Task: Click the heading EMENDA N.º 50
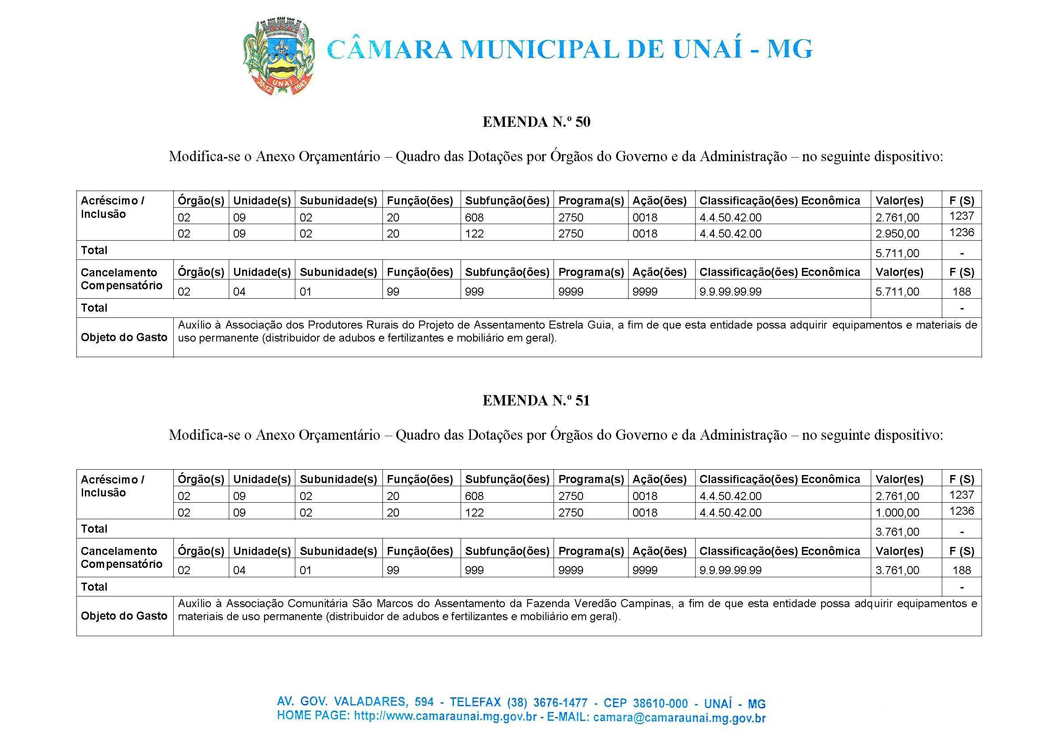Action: (536, 122)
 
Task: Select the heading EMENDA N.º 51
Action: (536, 401)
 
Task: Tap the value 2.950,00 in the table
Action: (897, 233)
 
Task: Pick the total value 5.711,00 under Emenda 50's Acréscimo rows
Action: (897, 253)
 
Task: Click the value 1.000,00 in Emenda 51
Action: (897, 513)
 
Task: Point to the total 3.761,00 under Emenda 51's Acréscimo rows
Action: (897, 532)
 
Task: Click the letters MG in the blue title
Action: (789, 50)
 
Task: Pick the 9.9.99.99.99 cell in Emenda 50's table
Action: (730, 292)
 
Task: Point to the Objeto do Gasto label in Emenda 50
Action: (124, 338)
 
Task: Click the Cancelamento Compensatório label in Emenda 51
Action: (121, 558)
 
